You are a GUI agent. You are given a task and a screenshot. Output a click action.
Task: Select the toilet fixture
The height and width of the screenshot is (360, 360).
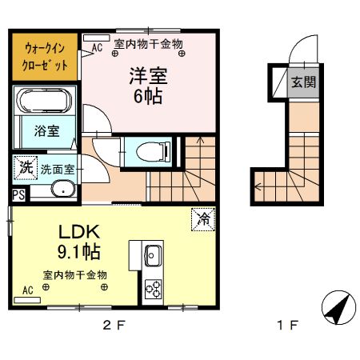click(151, 150)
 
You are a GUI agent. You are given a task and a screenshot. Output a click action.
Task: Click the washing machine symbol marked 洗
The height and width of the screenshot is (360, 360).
click(26, 168)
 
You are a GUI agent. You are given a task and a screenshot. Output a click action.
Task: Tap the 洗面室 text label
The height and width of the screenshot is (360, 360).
click(58, 170)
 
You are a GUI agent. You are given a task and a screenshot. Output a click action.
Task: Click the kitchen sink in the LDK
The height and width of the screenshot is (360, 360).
click(153, 257)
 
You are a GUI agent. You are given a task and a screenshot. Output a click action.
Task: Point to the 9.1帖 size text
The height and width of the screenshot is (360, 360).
click(78, 252)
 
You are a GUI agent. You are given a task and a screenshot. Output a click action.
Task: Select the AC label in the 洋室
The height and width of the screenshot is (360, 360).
click(98, 48)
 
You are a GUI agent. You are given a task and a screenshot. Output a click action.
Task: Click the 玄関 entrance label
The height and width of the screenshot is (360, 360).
click(302, 81)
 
